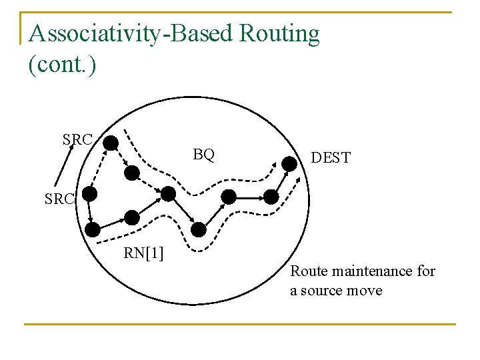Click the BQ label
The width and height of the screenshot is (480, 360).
tap(204, 155)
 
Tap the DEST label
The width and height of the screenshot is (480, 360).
tap(331, 158)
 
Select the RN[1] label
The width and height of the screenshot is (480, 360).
tap(145, 253)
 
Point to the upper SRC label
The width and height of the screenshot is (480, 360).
tap(77, 139)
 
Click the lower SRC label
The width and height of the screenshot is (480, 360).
tap(61, 199)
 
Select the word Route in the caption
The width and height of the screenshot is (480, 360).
tap(309, 271)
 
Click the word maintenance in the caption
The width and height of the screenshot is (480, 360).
tap(373, 271)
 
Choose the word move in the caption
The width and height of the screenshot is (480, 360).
tap(365, 291)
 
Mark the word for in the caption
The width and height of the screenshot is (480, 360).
tap(427, 271)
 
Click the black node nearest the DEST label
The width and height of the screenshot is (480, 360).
tap(289, 163)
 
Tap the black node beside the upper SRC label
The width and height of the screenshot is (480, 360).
tap(111, 142)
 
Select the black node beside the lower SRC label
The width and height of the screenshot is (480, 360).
tap(89, 194)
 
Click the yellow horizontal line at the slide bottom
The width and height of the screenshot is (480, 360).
tap(240, 324)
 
